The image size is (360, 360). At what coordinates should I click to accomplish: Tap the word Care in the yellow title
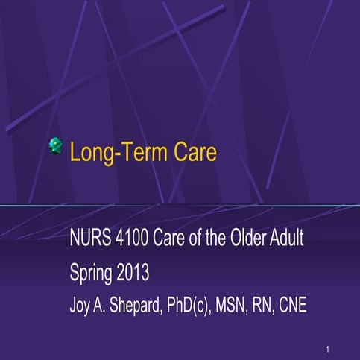click(192, 153)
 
